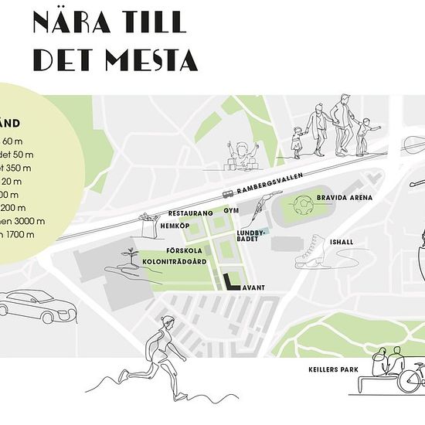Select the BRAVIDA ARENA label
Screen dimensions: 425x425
tap(345, 198)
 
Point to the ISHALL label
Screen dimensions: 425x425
tap(340, 242)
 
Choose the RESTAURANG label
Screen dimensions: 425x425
tap(191, 212)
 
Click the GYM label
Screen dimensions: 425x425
tap(231, 209)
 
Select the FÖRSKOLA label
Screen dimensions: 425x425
tap(183, 251)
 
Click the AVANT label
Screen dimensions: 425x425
tap(253, 287)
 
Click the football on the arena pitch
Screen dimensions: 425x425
tap(304, 204)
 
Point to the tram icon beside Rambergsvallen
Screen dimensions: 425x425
tap(229, 194)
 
